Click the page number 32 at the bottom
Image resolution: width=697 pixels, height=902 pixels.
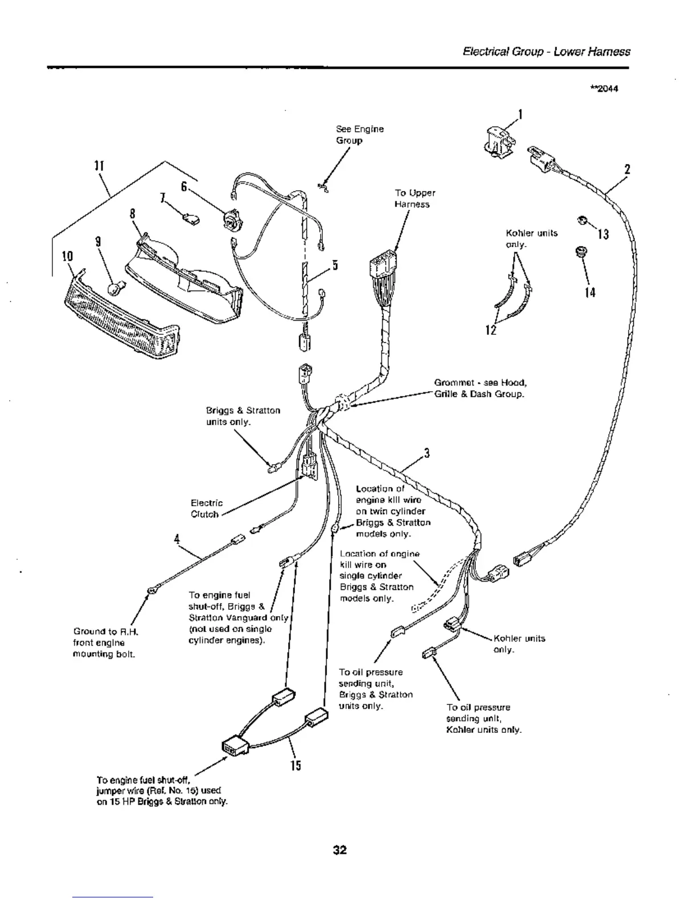click(340, 850)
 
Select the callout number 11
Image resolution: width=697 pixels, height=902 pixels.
click(97, 166)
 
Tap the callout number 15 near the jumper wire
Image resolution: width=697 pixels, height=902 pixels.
click(295, 765)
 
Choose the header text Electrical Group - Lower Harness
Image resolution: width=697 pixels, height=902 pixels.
click(546, 52)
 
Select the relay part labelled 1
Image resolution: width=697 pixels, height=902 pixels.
click(497, 140)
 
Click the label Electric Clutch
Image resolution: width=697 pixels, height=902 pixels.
click(206, 509)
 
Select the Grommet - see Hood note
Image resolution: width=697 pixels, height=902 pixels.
click(478, 388)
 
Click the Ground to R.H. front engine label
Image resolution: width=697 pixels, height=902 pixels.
click(106, 642)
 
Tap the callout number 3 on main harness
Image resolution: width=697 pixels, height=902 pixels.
click(426, 454)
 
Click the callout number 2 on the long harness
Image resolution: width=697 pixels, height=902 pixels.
click(627, 169)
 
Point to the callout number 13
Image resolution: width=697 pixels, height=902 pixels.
click(603, 233)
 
